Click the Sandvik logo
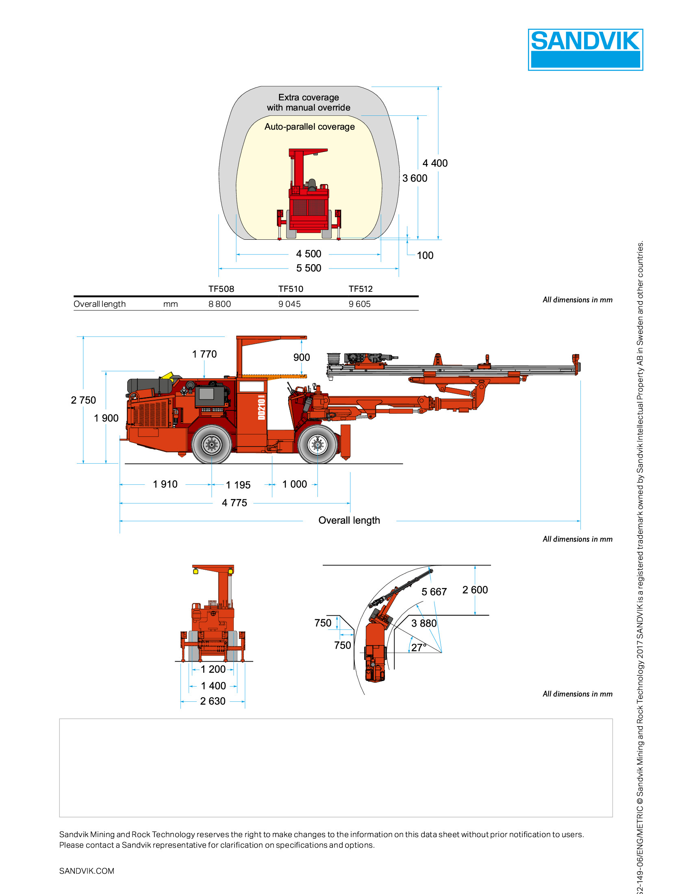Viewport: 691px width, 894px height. tap(585, 50)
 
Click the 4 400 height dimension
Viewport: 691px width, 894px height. tap(435, 163)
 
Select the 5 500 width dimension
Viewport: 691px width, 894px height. tap(309, 268)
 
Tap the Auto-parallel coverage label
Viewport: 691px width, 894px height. tap(309, 127)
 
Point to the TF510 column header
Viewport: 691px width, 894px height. tap(291, 289)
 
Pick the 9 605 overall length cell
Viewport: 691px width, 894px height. tap(359, 304)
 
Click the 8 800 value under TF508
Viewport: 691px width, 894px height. tap(219, 304)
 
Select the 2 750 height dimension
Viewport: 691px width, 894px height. tap(83, 400)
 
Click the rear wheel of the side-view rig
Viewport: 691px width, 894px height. tap(212, 445)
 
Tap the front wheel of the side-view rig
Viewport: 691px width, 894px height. tap(317, 445)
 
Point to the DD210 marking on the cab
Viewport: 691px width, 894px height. tap(262, 407)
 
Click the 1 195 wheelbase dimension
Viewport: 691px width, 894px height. tap(238, 485)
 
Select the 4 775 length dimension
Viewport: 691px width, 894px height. tap(234, 503)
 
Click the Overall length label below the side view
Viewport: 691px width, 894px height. tap(349, 521)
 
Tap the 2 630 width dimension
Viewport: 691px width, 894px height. tap(213, 702)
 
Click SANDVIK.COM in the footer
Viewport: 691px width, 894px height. tap(87, 871)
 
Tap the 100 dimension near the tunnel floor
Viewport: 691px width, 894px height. tap(425, 256)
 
